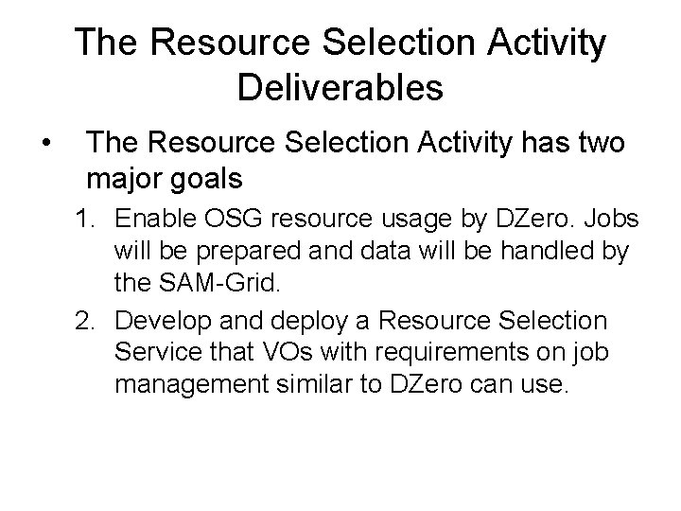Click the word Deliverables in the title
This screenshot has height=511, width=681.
click(x=340, y=87)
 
